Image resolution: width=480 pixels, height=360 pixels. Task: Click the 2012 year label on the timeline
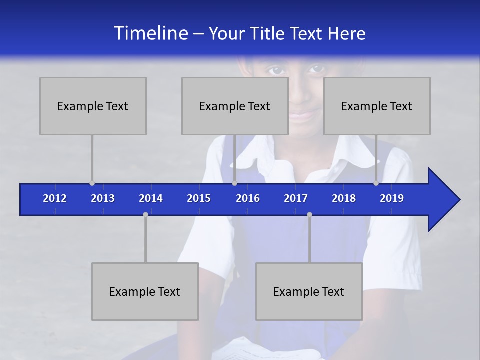coord(55,198)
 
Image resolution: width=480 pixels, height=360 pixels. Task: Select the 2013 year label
coord(103,198)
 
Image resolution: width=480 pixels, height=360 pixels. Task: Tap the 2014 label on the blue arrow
coord(151,198)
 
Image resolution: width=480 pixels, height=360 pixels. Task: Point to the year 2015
coord(199,198)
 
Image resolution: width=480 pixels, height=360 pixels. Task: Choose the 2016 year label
coord(248,198)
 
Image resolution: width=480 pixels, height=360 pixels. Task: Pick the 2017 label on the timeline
coord(296,198)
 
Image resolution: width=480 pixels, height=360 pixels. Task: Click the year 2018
coord(344,198)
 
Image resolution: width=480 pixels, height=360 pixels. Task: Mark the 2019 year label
coord(392,198)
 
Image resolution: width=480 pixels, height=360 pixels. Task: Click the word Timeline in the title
coord(150,33)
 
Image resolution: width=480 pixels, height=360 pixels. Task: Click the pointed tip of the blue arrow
coord(458,200)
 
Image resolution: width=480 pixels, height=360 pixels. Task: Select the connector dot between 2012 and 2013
coord(92,183)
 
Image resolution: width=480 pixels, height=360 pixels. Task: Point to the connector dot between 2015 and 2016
coord(234,183)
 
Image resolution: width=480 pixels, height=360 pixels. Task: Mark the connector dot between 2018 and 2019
coord(376,183)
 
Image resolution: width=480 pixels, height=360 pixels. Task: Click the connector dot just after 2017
coord(309,215)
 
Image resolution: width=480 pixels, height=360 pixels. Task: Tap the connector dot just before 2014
coord(145,215)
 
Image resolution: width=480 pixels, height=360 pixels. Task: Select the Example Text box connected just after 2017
coord(309,291)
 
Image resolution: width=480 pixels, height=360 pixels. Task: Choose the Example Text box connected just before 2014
coord(145,291)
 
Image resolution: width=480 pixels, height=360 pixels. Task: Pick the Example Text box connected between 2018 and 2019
coord(377,106)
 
